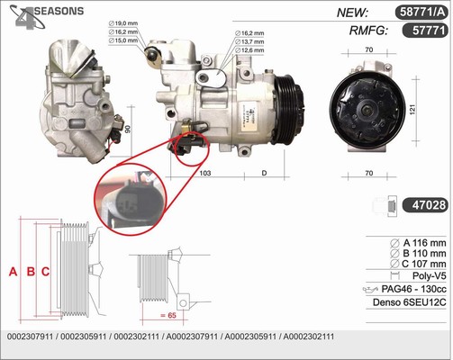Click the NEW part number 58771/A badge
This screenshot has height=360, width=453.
coord(421,13)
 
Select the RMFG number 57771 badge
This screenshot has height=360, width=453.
coord(425,31)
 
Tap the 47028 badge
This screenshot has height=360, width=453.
coord(425,205)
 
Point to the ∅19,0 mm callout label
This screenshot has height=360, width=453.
coord(123,23)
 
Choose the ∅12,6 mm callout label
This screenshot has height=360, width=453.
coord(249,50)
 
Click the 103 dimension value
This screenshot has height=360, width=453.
coord(205,173)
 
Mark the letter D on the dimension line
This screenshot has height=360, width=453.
coord(264,173)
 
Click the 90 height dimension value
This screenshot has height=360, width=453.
coord(128,130)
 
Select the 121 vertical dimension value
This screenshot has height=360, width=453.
coord(412,109)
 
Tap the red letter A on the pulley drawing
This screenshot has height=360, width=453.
coord(13,272)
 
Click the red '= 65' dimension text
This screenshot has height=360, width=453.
coord(168,315)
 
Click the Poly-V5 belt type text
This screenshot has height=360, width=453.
coord(429,275)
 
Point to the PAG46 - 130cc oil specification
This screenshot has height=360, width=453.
coord(413,289)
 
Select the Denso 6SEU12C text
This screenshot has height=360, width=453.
coord(410,302)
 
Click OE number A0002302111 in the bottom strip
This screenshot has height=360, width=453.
coord(309,337)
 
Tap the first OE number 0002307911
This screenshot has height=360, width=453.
coord(30,337)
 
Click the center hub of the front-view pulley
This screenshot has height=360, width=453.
coord(367,110)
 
